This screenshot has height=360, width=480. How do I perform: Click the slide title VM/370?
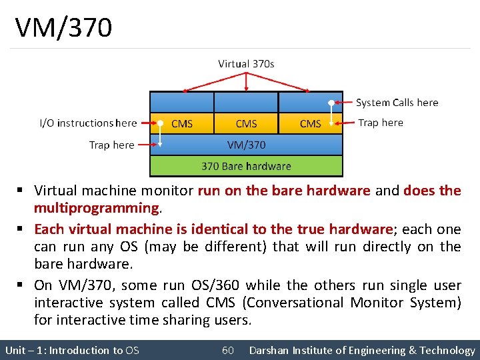[64, 28]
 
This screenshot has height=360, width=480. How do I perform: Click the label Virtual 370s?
[246, 64]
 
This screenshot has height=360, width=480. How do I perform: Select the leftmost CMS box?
[182, 123]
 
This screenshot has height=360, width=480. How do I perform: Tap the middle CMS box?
[246, 123]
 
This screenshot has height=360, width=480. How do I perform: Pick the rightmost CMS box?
[311, 123]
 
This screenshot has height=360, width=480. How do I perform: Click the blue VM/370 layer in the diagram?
[246, 145]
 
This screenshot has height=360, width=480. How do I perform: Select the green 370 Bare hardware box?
[246, 166]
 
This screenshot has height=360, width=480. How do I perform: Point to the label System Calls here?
[397, 103]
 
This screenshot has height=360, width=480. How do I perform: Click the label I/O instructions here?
[88, 123]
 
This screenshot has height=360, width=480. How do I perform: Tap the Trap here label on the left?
[111, 145]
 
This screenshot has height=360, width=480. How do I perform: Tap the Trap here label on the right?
[380, 123]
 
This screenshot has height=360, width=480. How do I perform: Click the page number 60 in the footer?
[228, 350]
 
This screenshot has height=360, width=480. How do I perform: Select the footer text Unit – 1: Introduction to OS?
[72, 350]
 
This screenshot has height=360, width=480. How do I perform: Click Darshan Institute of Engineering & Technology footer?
[362, 350]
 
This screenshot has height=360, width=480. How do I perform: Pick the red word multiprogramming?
[97, 208]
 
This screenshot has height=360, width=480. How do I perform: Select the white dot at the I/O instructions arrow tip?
[160, 123]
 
